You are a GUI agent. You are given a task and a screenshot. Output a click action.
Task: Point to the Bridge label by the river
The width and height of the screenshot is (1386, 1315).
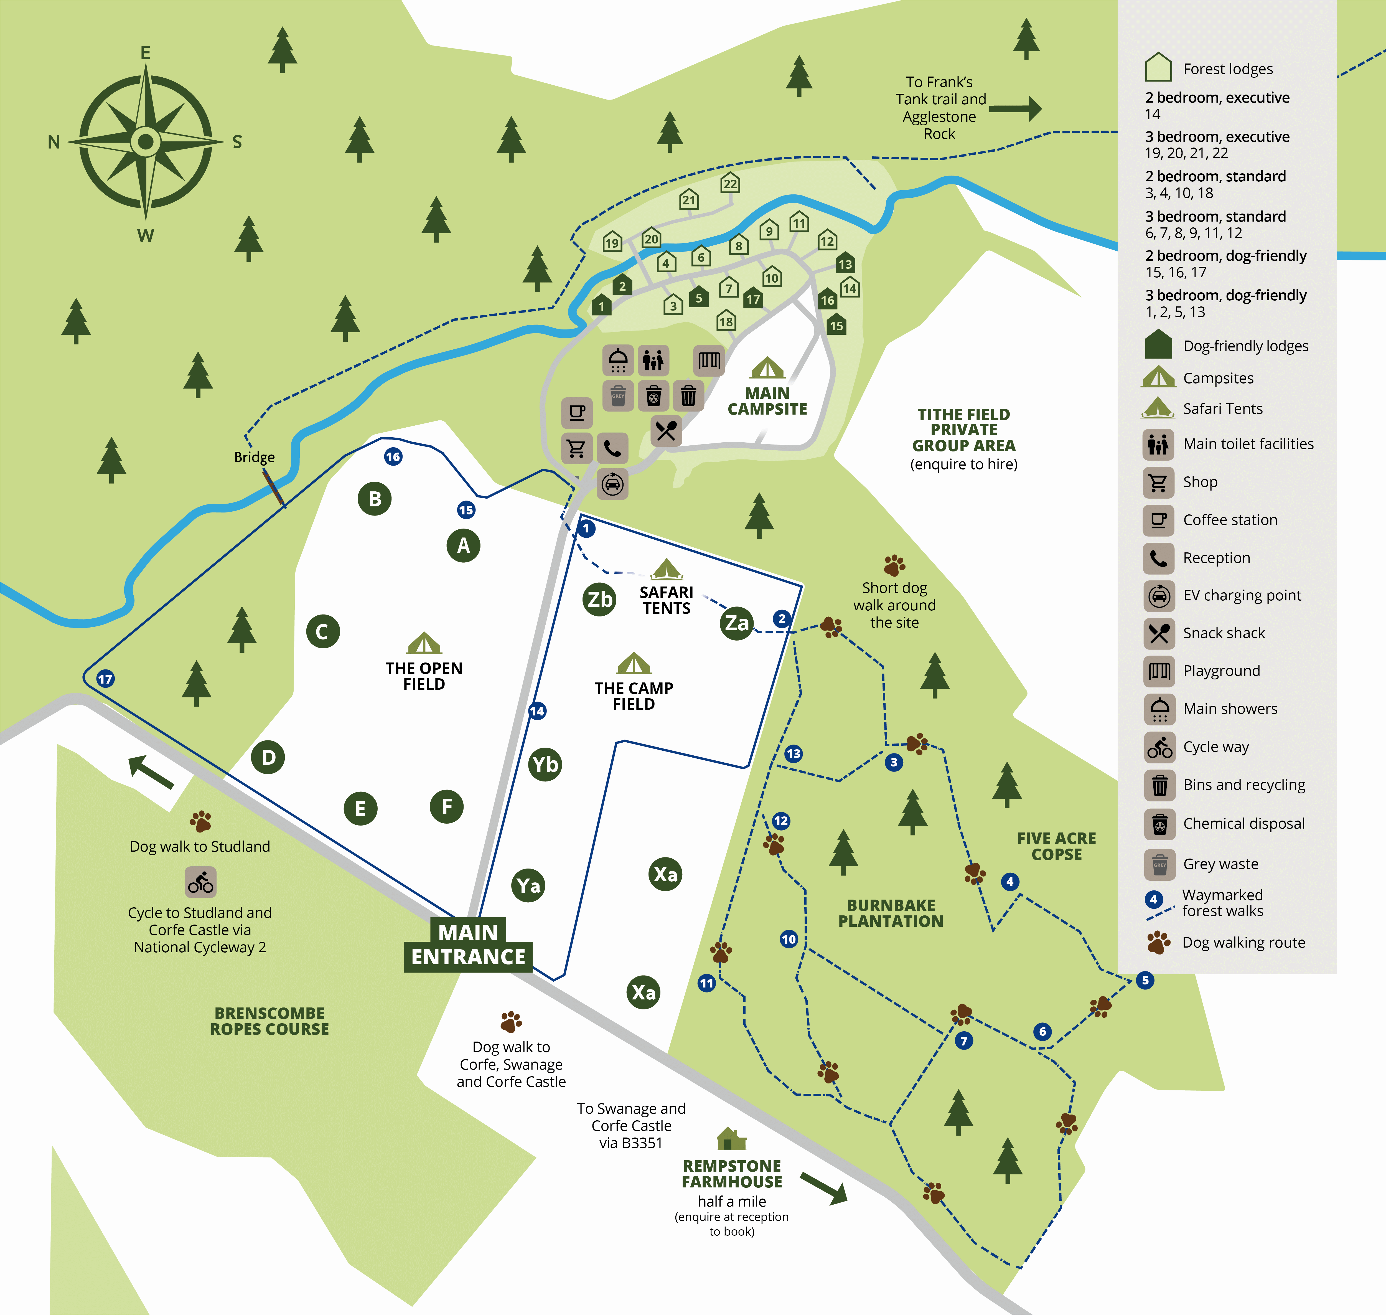point(254,457)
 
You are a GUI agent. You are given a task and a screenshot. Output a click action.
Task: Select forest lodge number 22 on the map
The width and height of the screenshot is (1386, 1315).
point(730,184)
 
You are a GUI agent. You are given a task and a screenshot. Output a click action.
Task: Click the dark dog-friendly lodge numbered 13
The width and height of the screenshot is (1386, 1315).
point(845,263)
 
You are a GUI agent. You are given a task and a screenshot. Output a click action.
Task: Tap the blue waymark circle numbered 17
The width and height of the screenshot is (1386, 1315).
point(105,679)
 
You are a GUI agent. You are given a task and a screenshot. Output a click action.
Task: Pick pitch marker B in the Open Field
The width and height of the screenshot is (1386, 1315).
point(375,499)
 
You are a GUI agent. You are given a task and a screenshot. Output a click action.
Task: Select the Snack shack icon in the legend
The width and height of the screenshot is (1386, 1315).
point(1159,633)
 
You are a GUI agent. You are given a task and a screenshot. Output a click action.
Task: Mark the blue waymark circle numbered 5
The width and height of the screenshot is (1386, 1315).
point(1145,980)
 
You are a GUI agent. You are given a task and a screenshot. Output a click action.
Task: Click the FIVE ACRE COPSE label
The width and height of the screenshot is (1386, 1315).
point(1057,846)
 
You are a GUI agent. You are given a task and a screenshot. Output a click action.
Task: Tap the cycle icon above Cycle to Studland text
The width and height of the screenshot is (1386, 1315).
point(200,882)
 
